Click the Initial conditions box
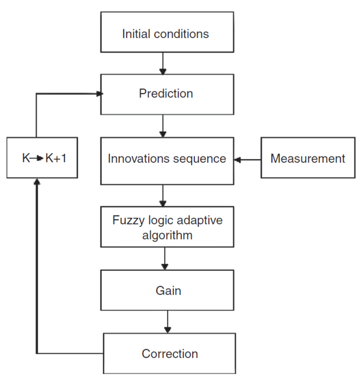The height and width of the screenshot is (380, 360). (x=166, y=34)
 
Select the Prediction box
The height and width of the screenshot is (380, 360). (x=166, y=94)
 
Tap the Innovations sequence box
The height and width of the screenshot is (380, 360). (x=167, y=159)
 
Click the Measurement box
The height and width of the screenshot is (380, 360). (x=307, y=159)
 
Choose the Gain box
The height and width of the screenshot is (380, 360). (x=168, y=290)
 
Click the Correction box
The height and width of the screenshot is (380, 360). (x=169, y=354)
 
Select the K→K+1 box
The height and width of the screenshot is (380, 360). (x=42, y=159)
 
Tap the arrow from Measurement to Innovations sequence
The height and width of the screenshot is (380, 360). (x=248, y=160)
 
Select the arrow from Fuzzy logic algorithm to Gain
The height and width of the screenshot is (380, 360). (x=165, y=258)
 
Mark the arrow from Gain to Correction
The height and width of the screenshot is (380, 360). (x=168, y=322)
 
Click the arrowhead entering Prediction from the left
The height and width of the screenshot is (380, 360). (x=99, y=94)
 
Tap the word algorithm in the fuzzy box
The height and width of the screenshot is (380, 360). (x=167, y=235)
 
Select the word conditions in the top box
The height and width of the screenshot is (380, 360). (x=182, y=34)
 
